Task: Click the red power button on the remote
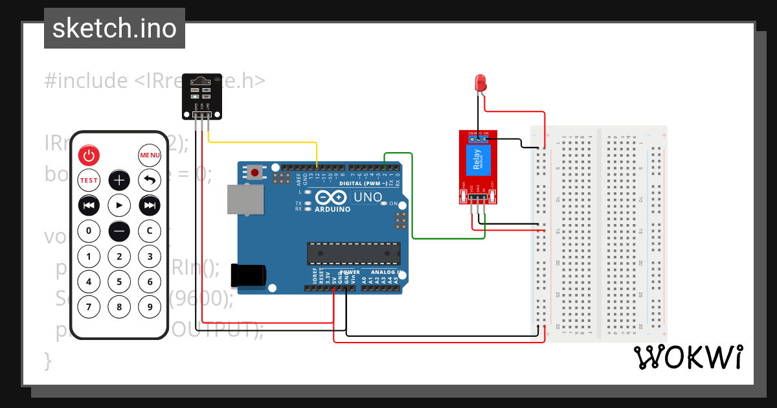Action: click(x=89, y=155)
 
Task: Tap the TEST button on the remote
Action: click(x=89, y=180)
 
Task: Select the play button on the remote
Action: click(x=119, y=205)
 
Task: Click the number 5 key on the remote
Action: click(x=119, y=282)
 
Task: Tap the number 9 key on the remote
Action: click(x=150, y=306)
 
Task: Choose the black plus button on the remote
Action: click(x=119, y=180)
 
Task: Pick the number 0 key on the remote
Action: click(x=89, y=230)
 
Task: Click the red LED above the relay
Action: click(x=480, y=82)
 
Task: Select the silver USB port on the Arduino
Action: click(x=246, y=199)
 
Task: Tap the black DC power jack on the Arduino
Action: click(x=249, y=275)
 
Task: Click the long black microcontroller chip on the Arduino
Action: click(x=354, y=253)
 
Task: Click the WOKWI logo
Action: click(x=688, y=357)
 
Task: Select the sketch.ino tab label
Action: click(x=115, y=28)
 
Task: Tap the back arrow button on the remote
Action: click(x=150, y=180)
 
